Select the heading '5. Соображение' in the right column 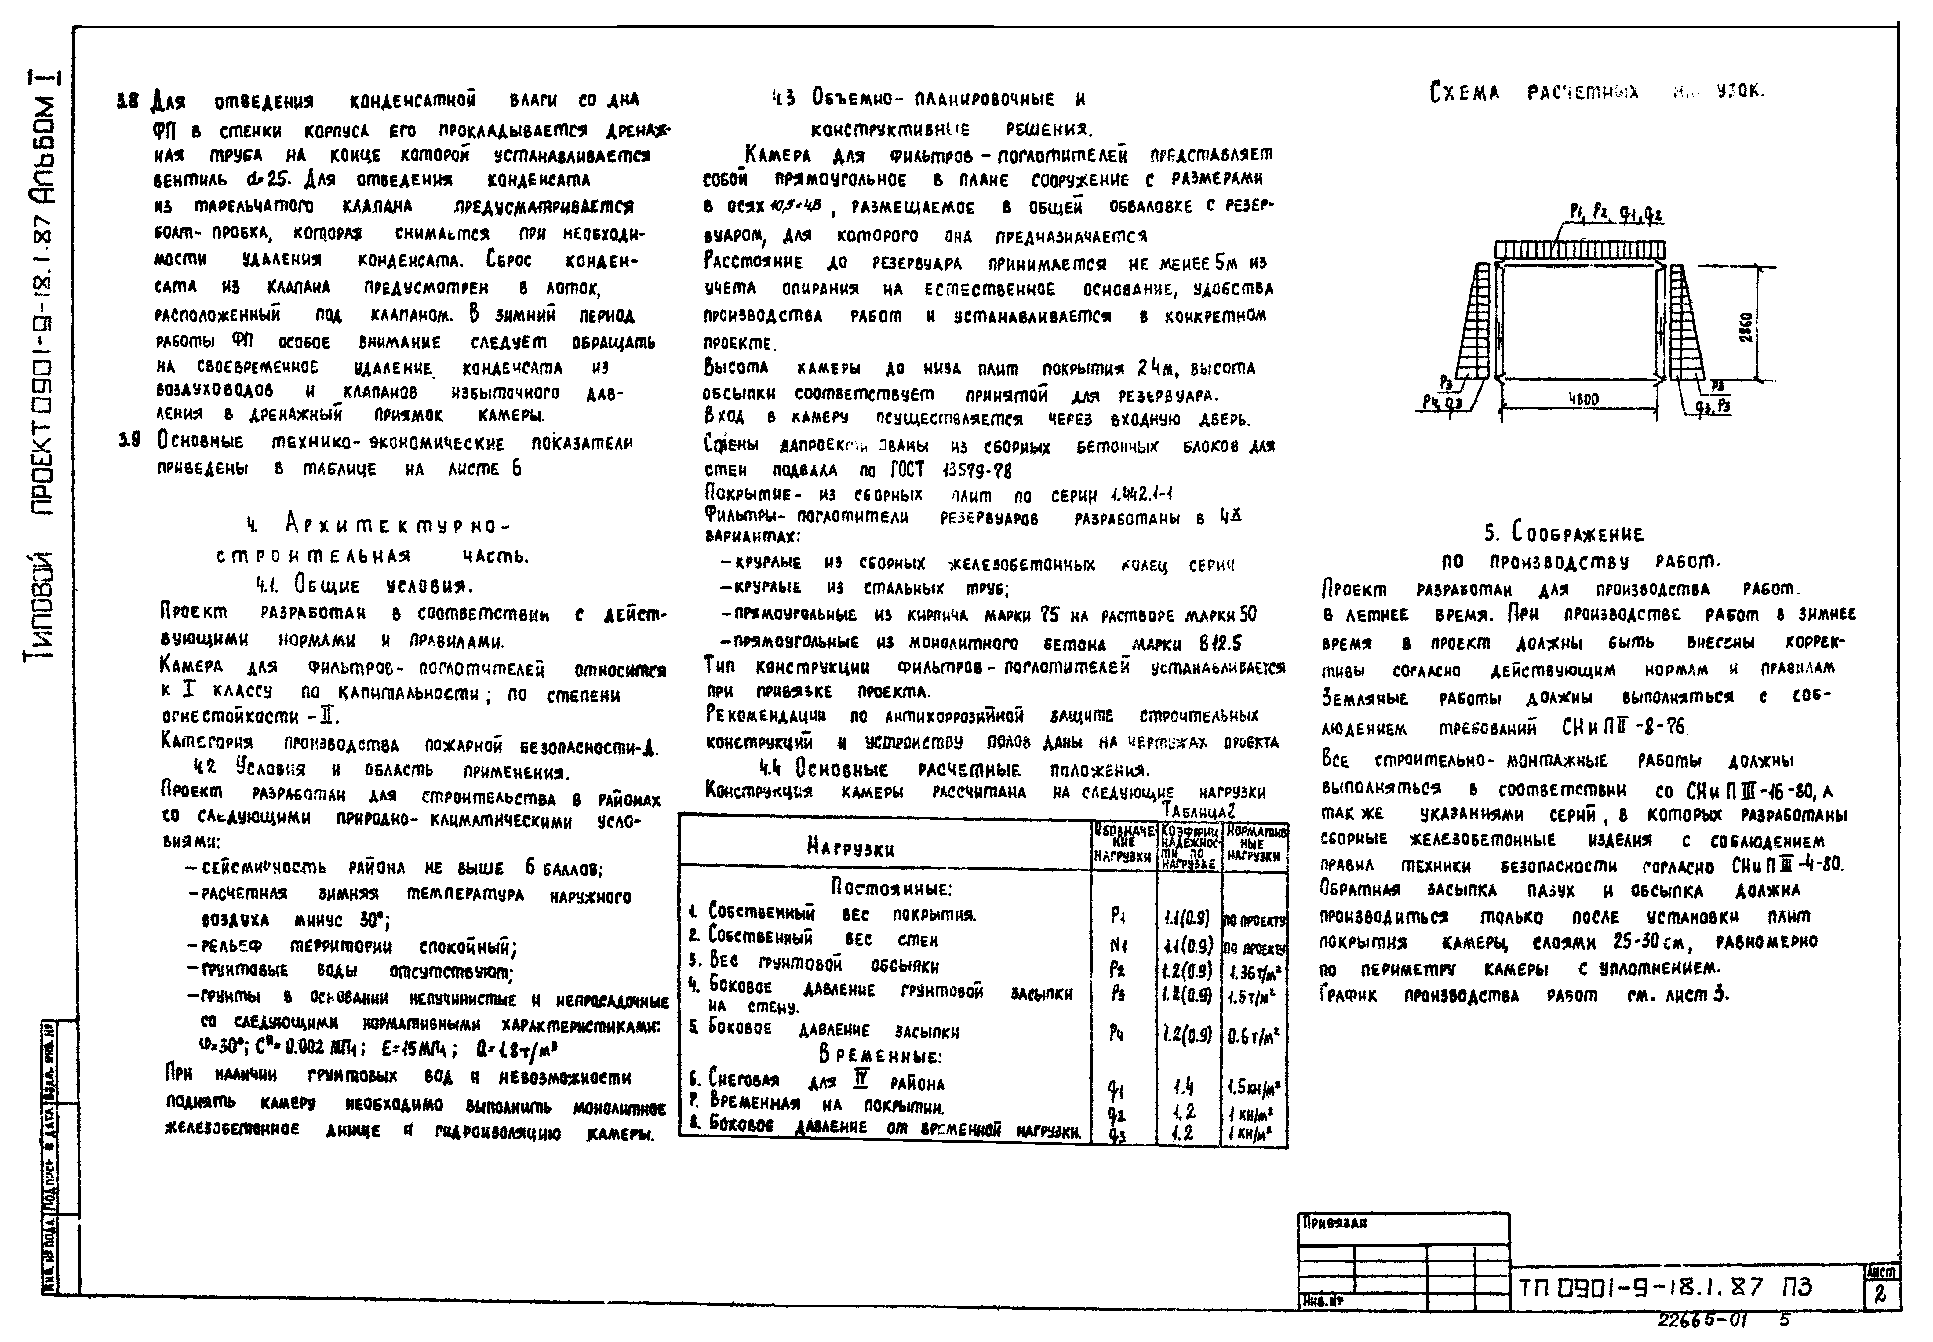[x=1563, y=533]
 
